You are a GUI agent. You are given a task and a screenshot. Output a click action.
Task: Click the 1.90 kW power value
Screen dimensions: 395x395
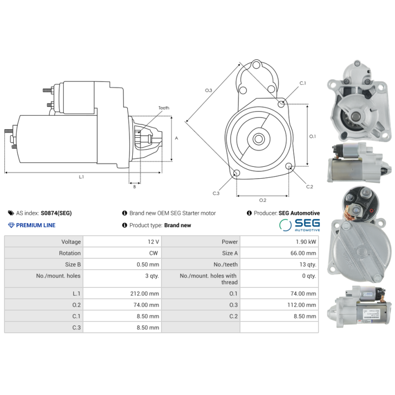click(307, 242)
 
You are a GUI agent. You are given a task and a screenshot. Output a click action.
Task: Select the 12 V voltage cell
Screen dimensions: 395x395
click(153, 242)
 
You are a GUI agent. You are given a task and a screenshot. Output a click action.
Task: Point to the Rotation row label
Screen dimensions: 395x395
click(70, 253)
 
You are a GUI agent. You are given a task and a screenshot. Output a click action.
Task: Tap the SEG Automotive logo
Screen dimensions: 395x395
click(299, 225)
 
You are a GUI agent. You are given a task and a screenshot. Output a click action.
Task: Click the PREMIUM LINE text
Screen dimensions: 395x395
click(36, 225)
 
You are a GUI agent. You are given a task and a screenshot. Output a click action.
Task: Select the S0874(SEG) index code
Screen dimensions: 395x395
click(56, 213)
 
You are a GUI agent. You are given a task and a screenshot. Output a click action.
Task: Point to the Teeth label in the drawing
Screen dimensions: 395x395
click(163, 108)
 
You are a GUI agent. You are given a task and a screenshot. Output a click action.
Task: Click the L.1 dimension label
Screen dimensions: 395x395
click(81, 177)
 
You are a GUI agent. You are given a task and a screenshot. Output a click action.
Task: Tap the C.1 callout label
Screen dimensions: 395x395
click(303, 83)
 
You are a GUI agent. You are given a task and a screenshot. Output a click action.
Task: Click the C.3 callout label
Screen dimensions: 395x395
click(216, 193)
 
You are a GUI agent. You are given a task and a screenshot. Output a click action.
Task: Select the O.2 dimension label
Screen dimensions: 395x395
click(263, 200)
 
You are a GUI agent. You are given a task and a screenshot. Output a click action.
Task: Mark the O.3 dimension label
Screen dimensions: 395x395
click(208, 90)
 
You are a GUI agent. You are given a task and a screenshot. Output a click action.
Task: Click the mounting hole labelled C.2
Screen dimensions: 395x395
click(290, 168)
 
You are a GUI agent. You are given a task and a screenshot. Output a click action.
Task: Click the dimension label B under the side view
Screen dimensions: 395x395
click(134, 187)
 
